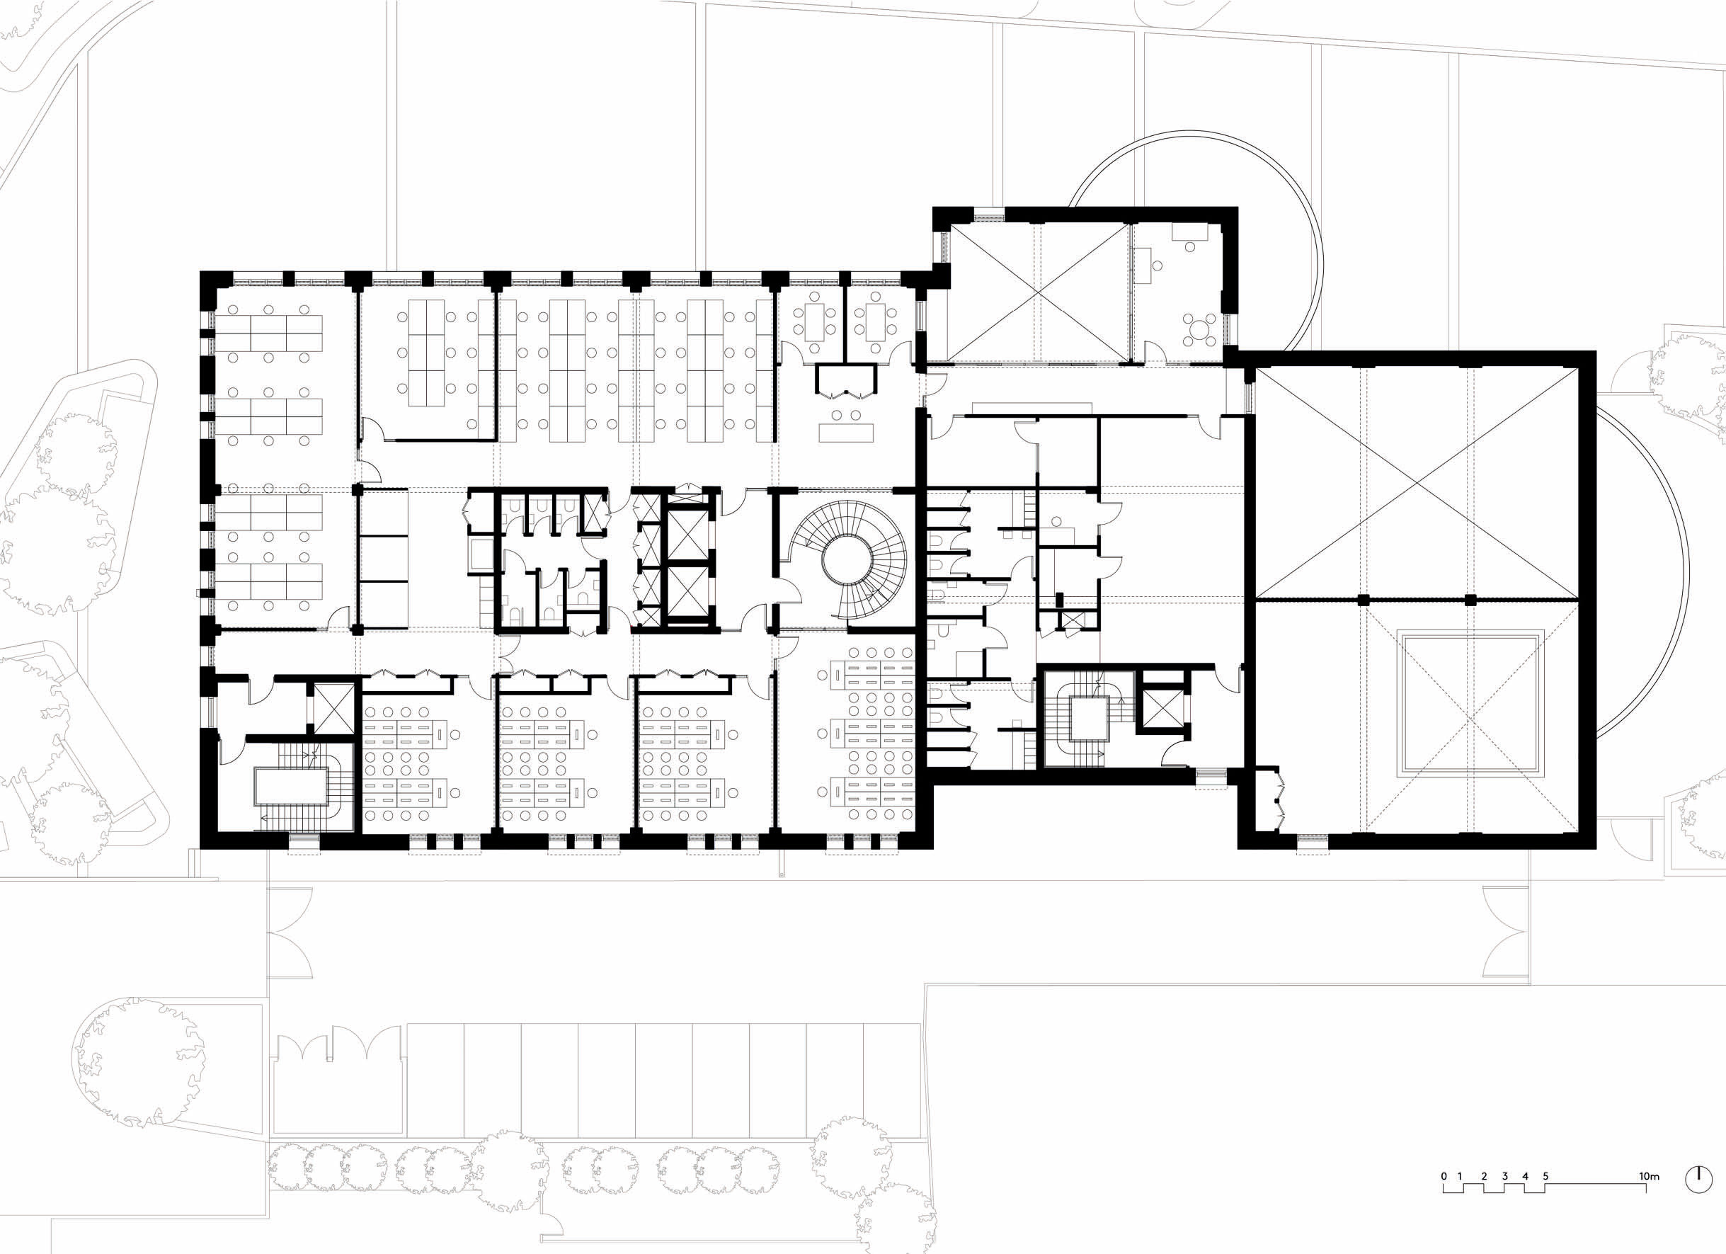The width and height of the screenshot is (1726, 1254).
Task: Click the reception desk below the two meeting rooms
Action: pos(846,432)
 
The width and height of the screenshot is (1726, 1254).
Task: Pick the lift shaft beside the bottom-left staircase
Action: pos(333,707)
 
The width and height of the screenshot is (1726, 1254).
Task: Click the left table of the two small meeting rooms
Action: pos(813,322)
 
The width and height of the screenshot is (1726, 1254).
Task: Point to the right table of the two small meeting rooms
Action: pos(874,322)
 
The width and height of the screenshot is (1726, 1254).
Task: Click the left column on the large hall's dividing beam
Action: pos(1362,600)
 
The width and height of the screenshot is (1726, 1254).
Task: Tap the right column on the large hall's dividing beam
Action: pos(1470,600)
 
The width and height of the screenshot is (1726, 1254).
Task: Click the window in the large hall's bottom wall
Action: pos(1313,840)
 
